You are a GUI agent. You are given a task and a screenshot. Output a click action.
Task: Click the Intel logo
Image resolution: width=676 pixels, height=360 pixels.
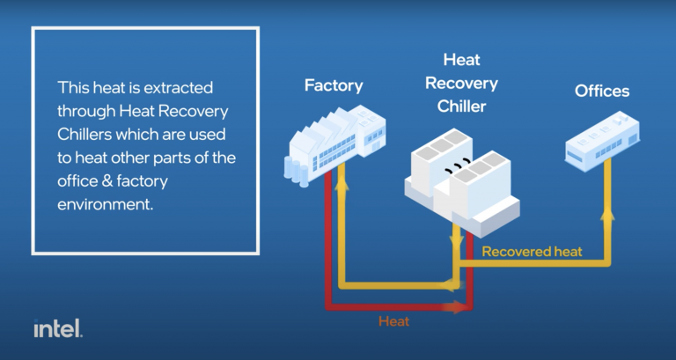tap(58, 328)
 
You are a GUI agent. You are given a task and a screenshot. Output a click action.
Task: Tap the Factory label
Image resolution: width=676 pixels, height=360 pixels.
tap(334, 85)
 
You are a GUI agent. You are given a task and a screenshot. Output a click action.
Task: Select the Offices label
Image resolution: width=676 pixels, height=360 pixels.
tap(602, 91)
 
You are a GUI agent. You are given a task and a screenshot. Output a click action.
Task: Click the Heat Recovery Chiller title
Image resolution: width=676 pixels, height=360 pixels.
tap(461, 84)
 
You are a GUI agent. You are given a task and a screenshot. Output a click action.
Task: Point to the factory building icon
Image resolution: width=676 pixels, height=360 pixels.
tap(337, 141)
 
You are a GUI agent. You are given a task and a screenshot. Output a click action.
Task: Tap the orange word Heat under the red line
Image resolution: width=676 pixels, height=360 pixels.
tap(393, 321)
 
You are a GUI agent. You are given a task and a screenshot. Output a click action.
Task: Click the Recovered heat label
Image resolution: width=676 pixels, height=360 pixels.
tap(532, 252)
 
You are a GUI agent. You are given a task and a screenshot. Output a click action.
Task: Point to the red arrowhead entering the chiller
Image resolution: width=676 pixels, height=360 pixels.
tap(459, 307)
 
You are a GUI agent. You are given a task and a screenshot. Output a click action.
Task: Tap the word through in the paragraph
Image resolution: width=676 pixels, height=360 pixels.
tap(86, 111)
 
